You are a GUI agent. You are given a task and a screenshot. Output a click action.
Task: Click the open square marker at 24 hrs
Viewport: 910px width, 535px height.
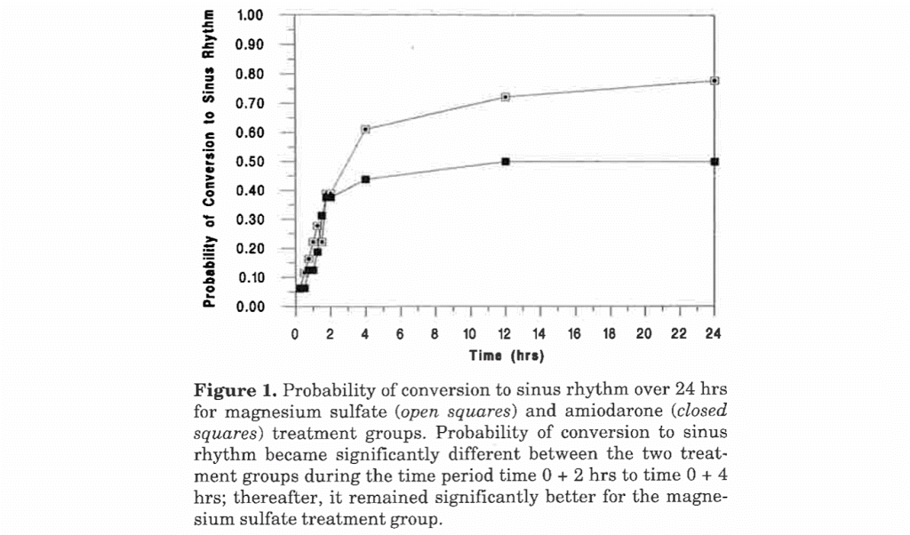point(714,81)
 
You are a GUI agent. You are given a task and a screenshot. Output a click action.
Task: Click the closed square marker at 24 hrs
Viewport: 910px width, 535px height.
point(714,162)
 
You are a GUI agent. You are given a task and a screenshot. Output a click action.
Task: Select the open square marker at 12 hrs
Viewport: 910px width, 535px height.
point(505,97)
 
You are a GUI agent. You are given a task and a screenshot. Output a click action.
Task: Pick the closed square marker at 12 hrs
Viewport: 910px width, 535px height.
point(505,162)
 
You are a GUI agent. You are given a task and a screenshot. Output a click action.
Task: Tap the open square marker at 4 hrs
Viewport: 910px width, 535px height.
point(365,129)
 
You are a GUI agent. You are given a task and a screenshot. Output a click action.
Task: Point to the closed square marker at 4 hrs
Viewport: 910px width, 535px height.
point(365,180)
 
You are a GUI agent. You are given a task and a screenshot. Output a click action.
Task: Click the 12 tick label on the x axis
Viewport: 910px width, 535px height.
point(505,335)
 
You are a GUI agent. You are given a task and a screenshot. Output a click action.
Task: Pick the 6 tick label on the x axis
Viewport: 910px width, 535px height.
point(400,335)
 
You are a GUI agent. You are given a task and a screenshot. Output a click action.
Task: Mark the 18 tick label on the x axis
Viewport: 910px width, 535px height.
point(610,335)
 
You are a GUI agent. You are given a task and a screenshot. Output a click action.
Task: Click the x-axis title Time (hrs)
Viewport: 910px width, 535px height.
point(506,355)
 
